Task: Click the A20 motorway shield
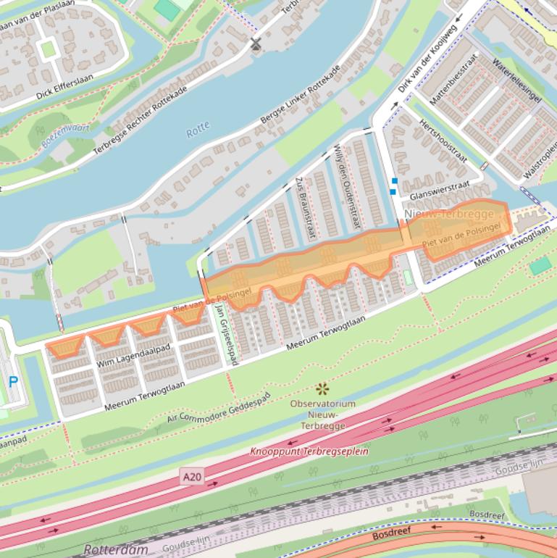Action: click(x=192, y=476)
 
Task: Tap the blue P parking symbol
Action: click(x=13, y=381)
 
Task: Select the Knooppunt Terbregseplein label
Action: click(x=309, y=451)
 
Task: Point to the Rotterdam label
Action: click(x=116, y=549)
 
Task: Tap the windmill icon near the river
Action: click(x=255, y=44)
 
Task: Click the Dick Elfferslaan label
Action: click(x=64, y=87)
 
